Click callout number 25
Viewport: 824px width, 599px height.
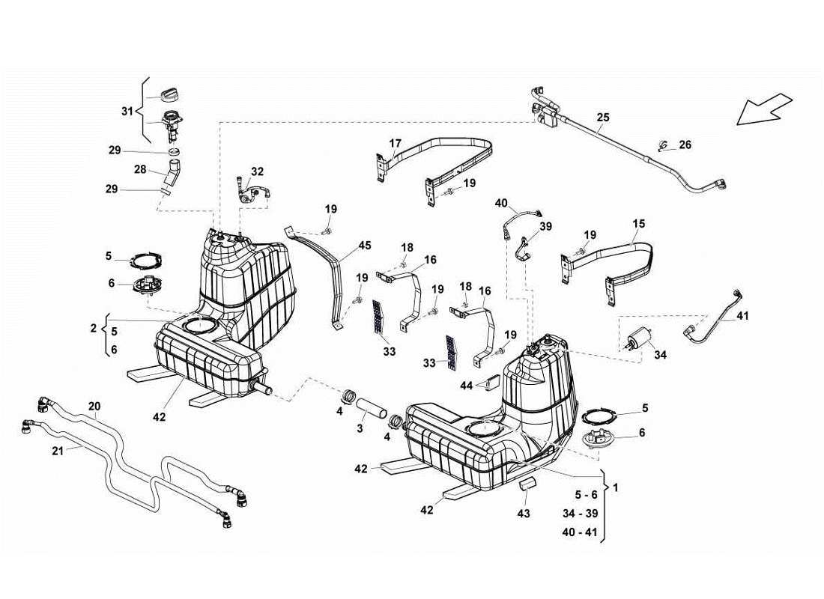[603, 118]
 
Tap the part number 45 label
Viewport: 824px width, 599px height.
[364, 245]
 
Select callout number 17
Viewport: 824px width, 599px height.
[395, 143]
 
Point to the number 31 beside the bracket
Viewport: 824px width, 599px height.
[127, 112]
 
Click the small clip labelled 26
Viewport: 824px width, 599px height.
[662, 145]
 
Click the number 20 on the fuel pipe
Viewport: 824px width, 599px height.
[94, 407]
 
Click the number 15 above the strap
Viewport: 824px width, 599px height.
[638, 224]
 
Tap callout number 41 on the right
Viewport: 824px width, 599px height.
[742, 316]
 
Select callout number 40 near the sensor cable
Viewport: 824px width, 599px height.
[501, 203]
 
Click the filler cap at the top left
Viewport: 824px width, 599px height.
[172, 94]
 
